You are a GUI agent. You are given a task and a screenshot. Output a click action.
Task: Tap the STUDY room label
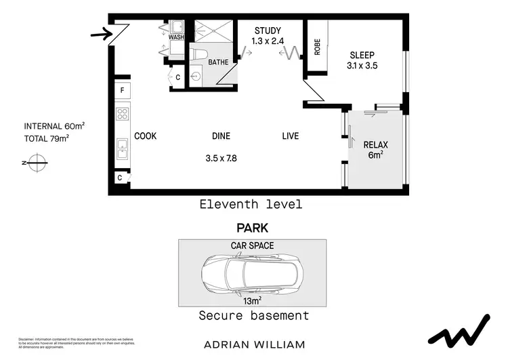[268, 31]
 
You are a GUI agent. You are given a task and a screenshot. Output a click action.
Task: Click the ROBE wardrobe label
[317, 45]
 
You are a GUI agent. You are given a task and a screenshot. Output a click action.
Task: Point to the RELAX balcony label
[375, 144]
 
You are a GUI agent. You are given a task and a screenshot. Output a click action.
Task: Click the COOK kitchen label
[145, 136]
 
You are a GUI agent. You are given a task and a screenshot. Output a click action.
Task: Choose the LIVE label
[290, 136]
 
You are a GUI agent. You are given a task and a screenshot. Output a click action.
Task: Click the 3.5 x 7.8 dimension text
[222, 159]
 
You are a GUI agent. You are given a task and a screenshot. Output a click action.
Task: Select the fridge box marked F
[123, 90]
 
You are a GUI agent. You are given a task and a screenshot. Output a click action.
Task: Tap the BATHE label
[218, 62]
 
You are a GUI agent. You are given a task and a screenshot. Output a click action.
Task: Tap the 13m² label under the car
[253, 300]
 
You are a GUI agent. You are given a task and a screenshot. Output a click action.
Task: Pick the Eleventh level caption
[251, 204]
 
